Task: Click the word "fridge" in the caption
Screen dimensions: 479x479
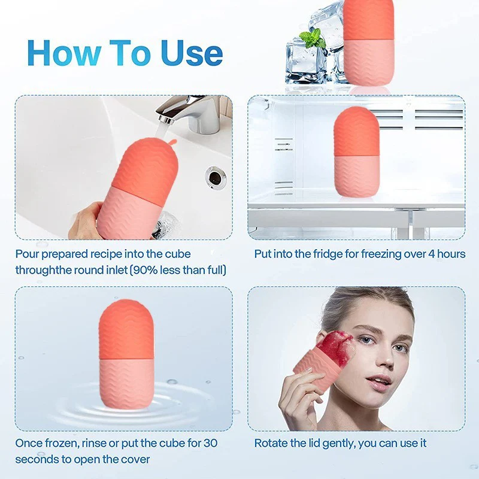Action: pyautogui.click(x=328, y=254)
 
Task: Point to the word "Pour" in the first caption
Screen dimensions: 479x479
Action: pyautogui.click(x=28, y=254)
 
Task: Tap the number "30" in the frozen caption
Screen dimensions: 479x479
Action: pyautogui.click(x=210, y=444)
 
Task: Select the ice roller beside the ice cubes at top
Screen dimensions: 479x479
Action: pyautogui.click(x=368, y=42)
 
